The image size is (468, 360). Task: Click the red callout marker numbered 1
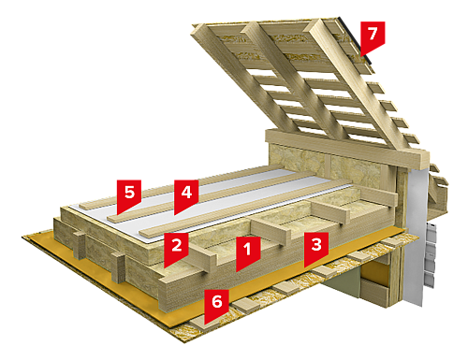tap(248, 251)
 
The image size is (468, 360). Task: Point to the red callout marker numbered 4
tap(186, 194)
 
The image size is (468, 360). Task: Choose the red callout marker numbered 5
tap(129, 194)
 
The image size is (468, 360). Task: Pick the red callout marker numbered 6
tap(216, 303)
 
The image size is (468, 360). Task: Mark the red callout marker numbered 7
tap(373, 36)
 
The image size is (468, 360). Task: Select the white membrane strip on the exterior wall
tap(415, 237)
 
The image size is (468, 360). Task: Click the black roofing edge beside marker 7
tap(356, 40)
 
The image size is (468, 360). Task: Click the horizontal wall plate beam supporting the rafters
tap(346, 147)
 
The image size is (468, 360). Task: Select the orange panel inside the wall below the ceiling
tap(374, 273)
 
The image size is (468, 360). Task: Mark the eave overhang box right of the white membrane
tap(437, 199)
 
